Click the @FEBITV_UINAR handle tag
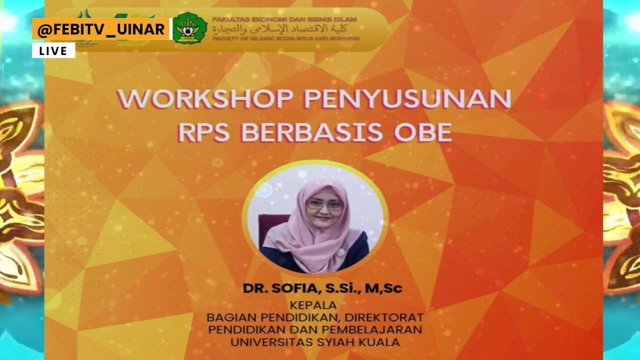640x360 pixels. pos(101,29)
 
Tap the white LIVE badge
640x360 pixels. pos(53,50)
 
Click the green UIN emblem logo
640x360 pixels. pos(189,28)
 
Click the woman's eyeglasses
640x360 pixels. pos(324,205)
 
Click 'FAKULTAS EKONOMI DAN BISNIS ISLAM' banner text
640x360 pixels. pos(284,19)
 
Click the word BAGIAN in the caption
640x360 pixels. pos(227,317)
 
